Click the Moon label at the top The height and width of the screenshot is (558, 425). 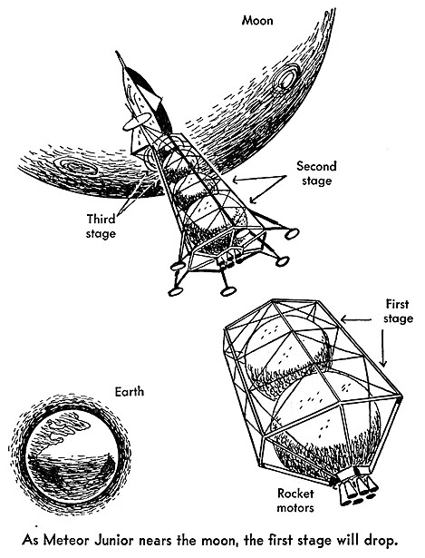click(x=257, y=20)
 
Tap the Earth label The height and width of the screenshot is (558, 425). click(x=130, y=391)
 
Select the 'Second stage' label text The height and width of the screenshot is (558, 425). click(x=316, y=173)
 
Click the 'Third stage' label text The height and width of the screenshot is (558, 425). click(x=101, y=226)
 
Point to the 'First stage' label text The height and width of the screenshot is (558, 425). click(x=398, y=310)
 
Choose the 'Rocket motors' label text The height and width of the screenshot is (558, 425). click(x=295, y=500)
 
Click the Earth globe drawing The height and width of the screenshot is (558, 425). click(x=70, y=455)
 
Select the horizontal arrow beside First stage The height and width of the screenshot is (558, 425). click(x=356, y=319)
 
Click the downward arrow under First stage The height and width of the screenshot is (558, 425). click(x=383, y=348)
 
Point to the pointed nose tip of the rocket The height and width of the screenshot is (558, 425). click(x=117, y=53)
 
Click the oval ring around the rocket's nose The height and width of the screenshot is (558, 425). click(x=137, y=121)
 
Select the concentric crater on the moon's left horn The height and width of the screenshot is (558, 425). click(x=75, y=167)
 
